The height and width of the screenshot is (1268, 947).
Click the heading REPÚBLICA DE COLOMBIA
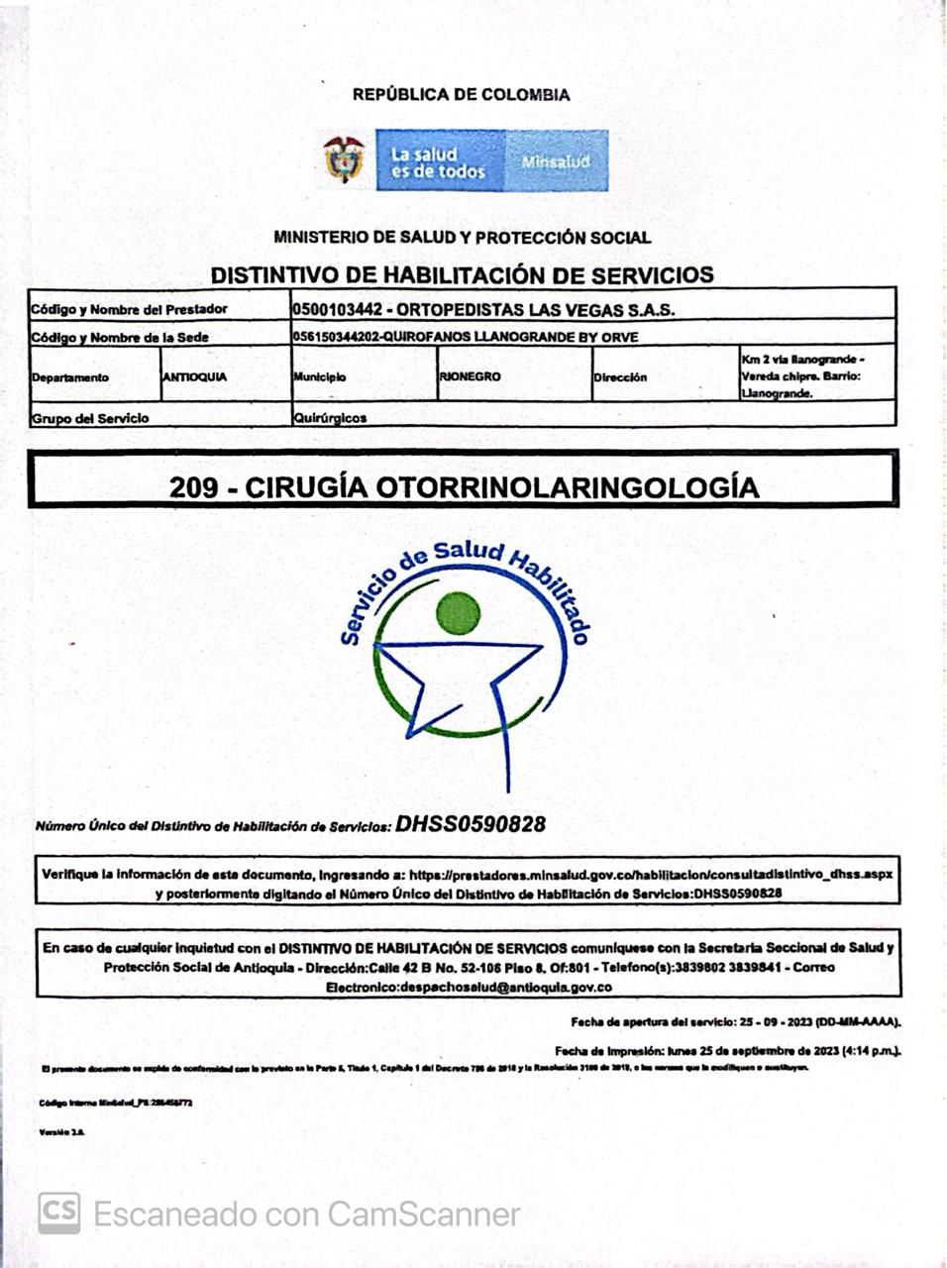coord(461,95)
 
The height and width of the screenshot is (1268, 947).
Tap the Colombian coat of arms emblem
coord(344,159)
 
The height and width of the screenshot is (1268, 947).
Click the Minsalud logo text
coord(556,160)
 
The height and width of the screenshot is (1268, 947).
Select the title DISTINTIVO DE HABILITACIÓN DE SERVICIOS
coord(462,274)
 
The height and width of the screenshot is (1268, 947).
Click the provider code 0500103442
coord(337,309)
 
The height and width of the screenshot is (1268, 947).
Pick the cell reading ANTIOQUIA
coord(194,376)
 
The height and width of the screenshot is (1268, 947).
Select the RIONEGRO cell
coord(471,376)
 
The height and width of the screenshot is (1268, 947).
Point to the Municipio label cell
coord(320,377)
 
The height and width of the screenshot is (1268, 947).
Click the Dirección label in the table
coord(620,377)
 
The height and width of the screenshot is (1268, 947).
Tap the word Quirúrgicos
coord(330,418)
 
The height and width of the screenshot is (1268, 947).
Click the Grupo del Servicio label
coord(90,418)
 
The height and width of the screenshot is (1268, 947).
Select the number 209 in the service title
coord(192,487)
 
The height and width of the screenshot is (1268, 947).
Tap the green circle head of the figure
coord(458,612)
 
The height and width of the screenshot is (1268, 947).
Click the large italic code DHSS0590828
coord(471,824)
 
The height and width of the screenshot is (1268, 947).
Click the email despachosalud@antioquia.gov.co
coord(469,987)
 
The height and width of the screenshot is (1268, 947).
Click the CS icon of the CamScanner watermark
coord(59,1214)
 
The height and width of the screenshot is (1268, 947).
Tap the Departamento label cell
coord(70,377)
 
